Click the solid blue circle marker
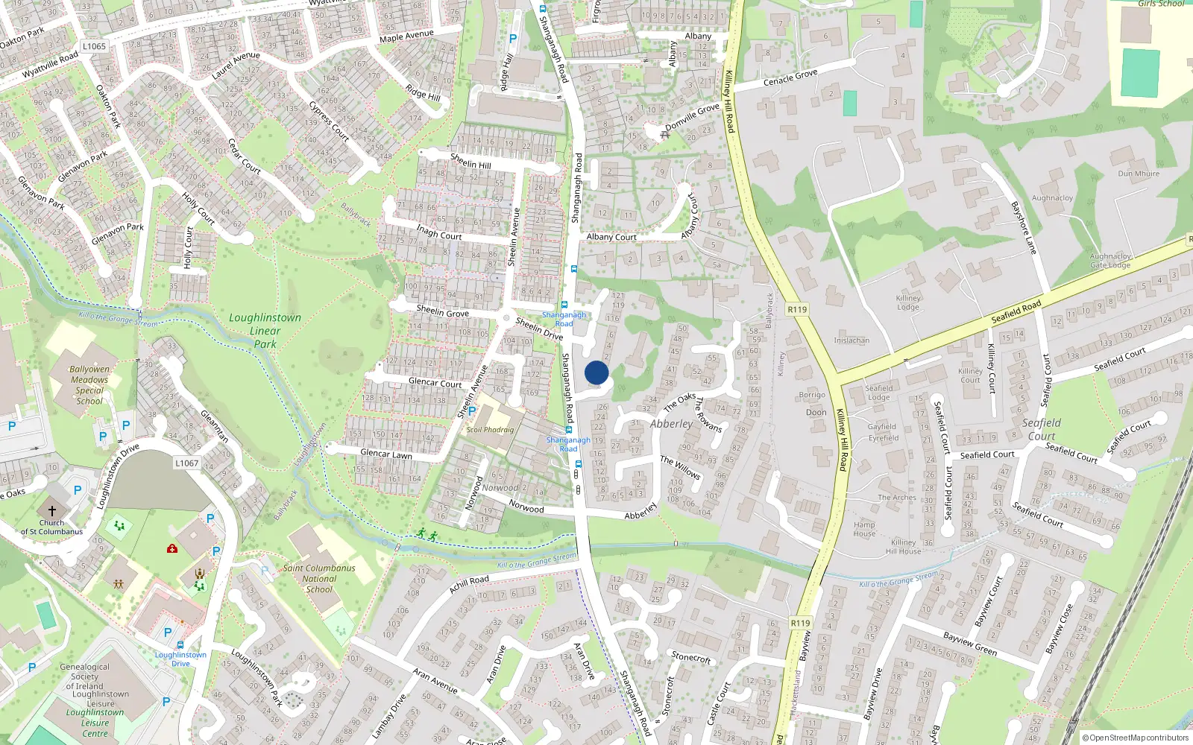coord(596,372)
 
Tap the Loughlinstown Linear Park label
coord(265,331)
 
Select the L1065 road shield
coord(95,46)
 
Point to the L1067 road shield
coord(187,463)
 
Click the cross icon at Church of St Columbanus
coord(52,511)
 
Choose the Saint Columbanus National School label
coord(319,578)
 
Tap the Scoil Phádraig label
coord(490,430)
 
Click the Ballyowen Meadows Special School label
coord(89,385)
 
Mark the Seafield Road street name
coord(1016,311)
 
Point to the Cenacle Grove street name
coord(790,77)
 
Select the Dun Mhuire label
coord(1139,174)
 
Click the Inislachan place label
coord(852,340)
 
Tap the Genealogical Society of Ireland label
coord(84,676)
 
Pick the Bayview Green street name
coord(969,644)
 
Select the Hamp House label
coord(864,529)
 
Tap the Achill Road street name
coord(469,585)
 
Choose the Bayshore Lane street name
coord(1023,227)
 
